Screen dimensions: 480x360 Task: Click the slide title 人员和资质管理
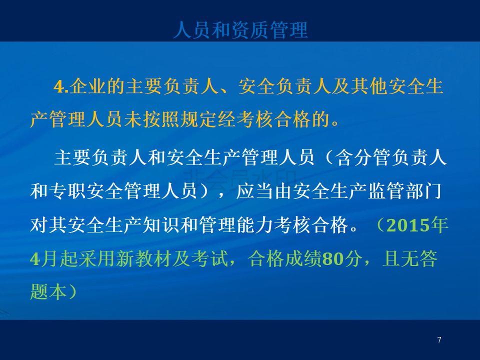pyautogui.click(x=240, y=30)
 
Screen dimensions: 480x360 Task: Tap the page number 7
pyautogui.click(x=439, y=339)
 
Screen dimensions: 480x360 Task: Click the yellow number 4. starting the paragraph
pyautogui.click(x=61, y=86)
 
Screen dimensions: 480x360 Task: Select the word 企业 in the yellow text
pyautogui.click(x=88, y=86)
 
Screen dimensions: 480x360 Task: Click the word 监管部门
pyautogui.click(x=404, y=191)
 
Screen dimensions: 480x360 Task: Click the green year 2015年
pyautogui.click(x=417, y=225)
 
